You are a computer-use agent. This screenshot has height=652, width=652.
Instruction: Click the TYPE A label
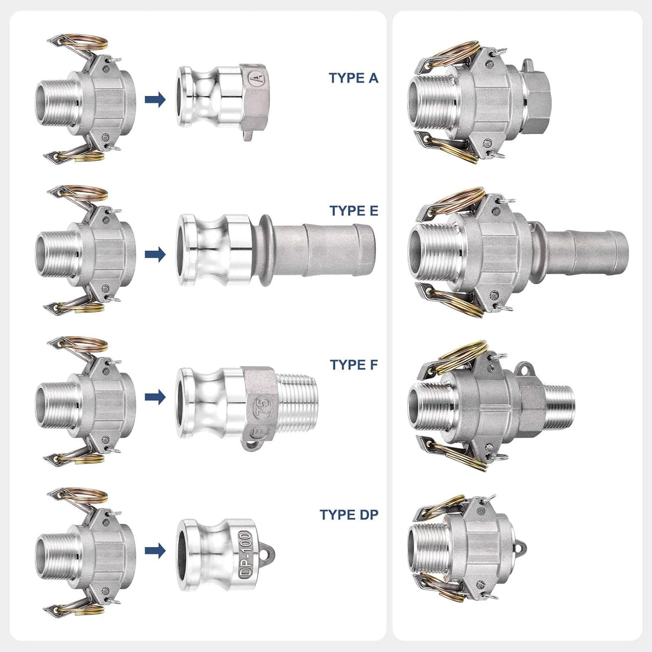pyautogui.click(x=354, y=78)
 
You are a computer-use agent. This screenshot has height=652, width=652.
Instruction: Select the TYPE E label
pyautogui.click(x=354, y=211)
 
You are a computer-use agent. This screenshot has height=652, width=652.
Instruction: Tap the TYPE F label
pyautogui.click(x=354, y=365)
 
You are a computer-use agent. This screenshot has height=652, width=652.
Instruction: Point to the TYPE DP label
pyautogui.click(x=349, y=515)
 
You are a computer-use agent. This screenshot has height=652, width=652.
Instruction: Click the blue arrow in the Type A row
pyautogui.click(x=155, y=100)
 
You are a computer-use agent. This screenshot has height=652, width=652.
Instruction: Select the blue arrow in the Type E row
pyautogui.click(x=155, y=254)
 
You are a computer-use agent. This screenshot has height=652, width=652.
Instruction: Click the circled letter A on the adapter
pyautogui.click(x=255, y=79)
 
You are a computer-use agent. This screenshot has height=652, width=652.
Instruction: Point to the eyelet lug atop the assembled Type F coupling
pyautogui.click(x=524, y=369)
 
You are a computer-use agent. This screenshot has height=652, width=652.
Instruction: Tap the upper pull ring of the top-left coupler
pyautogui.click(x=87, y=42)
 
